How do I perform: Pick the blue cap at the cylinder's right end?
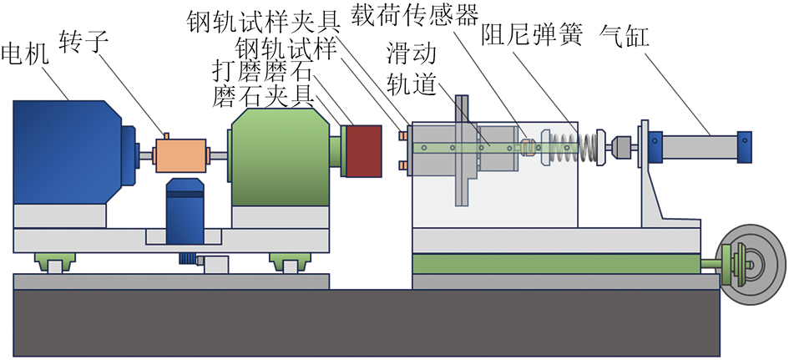[x=744, y=148]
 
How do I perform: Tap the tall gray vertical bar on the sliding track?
[x=461, y=150]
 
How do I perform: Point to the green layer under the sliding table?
[x=556, y=265]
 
